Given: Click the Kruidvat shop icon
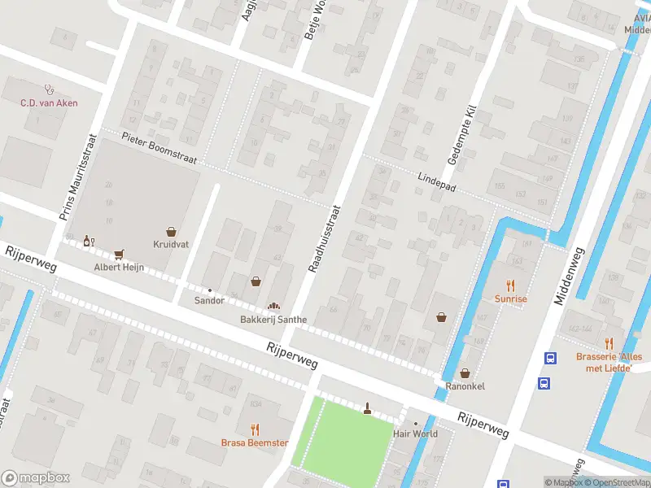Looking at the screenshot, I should coord(171,232).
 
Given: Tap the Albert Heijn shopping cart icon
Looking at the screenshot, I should coord(119,255).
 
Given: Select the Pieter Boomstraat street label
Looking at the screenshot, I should coord(159,150).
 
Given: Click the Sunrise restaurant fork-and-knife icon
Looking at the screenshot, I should coord(511,285).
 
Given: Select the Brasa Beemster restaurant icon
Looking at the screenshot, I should coord(255,429).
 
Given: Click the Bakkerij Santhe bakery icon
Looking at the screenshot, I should coord(273,306).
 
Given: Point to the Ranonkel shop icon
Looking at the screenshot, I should coord(465,373).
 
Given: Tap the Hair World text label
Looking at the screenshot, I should coord(415,434).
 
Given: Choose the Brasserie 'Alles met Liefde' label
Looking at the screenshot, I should coord(609,362).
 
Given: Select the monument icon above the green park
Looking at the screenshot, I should coord(367,408).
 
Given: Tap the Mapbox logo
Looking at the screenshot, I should coord(36,478).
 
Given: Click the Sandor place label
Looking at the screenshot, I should coord(209,300).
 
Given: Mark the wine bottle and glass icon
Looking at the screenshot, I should coord(89,242).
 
